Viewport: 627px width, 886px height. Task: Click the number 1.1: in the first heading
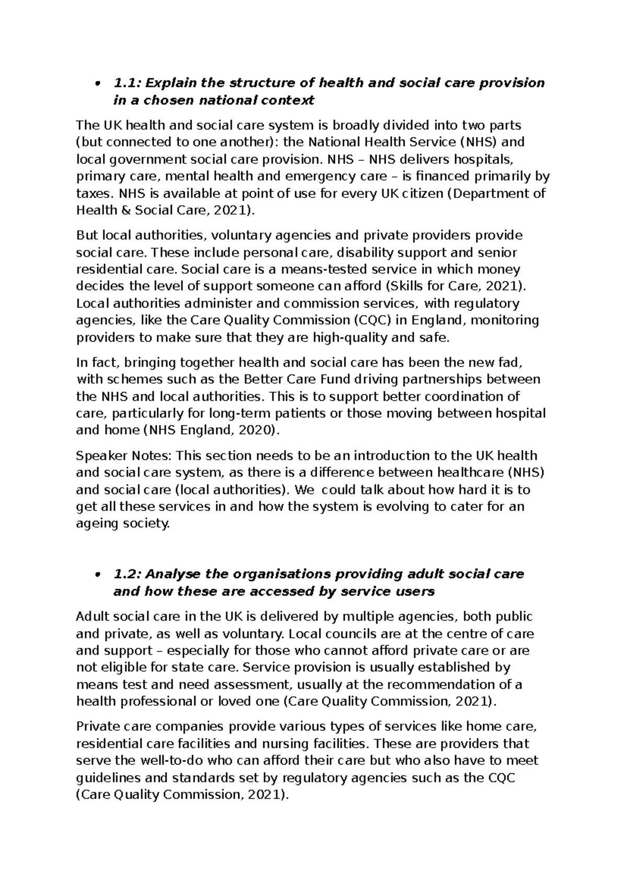pyautogui.click(x=127, y=83)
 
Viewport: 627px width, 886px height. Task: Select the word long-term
pyautogui.click(x=238, y=414)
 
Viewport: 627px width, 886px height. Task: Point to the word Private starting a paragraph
pyautogui.click(x=97, y=727)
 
